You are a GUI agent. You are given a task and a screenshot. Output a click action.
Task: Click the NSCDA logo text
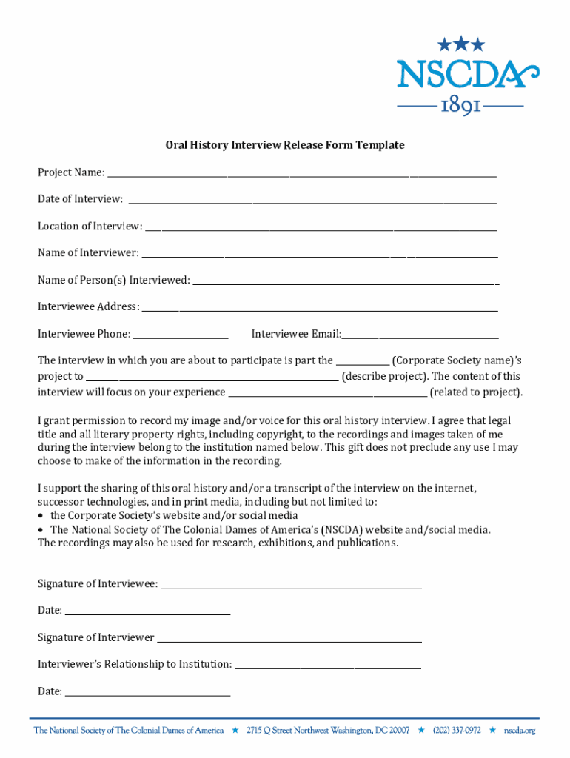[467, 74]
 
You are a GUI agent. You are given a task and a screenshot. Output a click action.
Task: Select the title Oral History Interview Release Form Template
[284, 145]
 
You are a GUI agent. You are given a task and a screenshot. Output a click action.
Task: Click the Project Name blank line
[301, 175]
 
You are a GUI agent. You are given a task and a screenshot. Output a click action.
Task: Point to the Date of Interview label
[81, 199]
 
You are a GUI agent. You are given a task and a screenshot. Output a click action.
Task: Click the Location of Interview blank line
[321, 229]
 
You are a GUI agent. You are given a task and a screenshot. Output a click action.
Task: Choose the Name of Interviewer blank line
[319, 255]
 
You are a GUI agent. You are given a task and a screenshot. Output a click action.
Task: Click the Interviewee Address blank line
[320, 309]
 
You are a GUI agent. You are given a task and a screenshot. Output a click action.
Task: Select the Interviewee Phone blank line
[181, 337]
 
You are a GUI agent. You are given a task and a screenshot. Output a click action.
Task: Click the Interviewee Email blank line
[420, 337]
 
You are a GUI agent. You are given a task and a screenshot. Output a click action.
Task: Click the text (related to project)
[476, 392]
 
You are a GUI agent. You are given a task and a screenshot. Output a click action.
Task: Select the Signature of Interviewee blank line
[291, 586]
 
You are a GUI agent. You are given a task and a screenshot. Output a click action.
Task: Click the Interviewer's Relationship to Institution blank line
[327, 667]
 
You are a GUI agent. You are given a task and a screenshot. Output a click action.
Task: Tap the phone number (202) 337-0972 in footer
[457, 731]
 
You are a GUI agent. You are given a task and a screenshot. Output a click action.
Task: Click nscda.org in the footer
[520, 731]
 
